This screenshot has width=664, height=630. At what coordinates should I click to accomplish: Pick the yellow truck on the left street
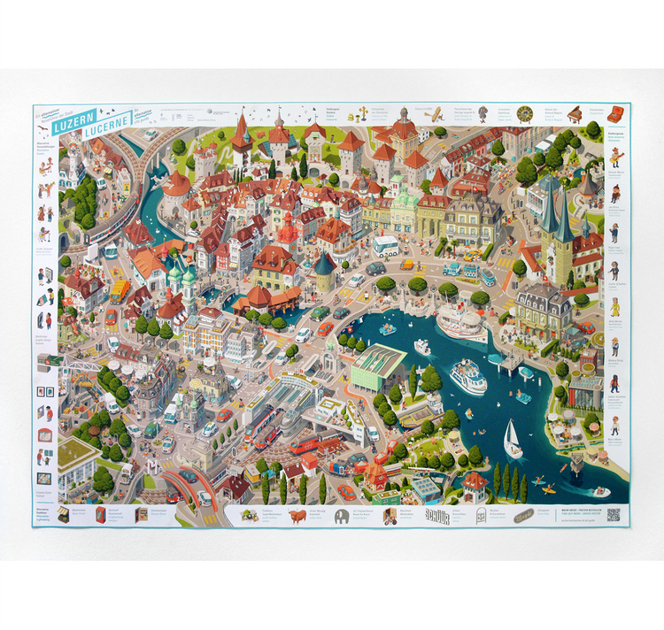[x=118, y=292]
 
